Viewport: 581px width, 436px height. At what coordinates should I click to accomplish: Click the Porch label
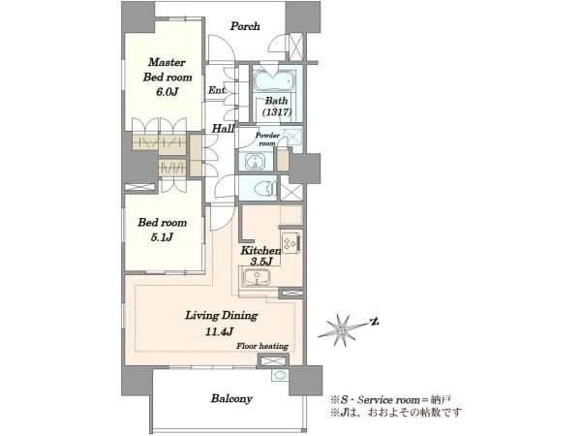coord(245,26)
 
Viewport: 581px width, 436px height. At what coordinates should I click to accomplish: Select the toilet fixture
coord(266,189)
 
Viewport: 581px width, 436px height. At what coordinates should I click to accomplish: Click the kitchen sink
coord(256,277)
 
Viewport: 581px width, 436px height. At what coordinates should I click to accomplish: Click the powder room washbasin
coord(256,162)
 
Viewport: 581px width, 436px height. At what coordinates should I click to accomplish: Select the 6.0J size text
coord(168,92)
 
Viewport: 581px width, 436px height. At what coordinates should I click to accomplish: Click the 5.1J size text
coord(162,237)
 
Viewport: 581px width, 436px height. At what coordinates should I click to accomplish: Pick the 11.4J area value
coord(220,331)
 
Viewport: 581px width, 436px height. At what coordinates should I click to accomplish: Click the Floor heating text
coord(262,346)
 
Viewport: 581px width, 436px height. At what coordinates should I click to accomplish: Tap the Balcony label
coord(231,399)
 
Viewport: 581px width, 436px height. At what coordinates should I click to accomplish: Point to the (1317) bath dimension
coord(277,111)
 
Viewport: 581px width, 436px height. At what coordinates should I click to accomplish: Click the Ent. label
coord(217,90)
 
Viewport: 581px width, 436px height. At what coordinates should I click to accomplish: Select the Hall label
coord(223,129)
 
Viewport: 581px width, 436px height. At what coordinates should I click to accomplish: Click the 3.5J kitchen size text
coord(261,262)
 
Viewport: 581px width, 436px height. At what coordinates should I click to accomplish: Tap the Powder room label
coord(267,139)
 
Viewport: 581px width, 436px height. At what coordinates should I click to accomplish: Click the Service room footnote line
coord(390,400)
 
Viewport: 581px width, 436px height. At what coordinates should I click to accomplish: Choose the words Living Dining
coord(221,316)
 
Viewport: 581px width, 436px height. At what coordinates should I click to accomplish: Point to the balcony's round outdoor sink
coord(279,374)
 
